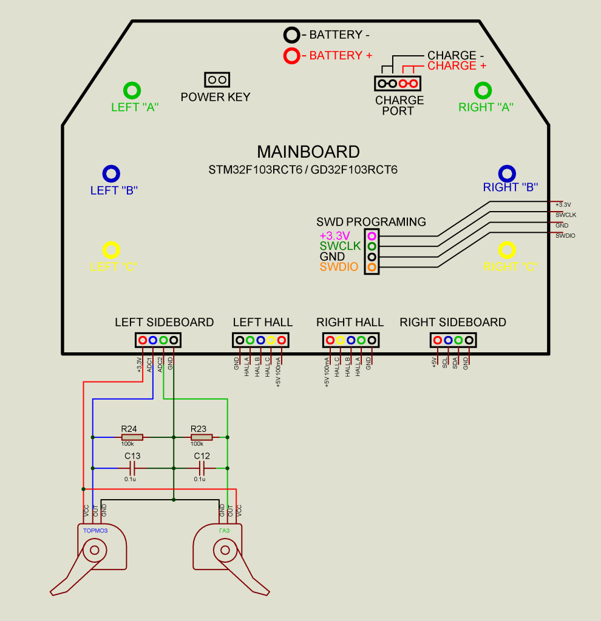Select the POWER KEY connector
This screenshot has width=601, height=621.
[217, 79]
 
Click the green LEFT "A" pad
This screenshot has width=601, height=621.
[132, 91]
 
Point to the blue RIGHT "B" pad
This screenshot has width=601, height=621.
[507, 173]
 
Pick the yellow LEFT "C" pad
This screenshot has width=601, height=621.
[111, 250]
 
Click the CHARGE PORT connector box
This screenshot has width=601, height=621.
[398, 84]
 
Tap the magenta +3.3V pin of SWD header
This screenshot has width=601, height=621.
[372, 236]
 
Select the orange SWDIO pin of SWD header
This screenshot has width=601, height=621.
[372, 267]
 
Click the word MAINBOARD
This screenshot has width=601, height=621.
[308, 152]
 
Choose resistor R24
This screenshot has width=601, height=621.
[132, 437]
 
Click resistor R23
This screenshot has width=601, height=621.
[202, 437]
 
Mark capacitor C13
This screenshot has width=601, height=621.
[132, 468]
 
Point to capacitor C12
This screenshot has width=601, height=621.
[202, 468]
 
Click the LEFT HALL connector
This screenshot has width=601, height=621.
[261, 340]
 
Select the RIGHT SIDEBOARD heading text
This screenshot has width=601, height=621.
[453, 322]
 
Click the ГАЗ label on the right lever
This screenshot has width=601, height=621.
[224, 530]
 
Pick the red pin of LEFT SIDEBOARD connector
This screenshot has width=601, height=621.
[143, 340]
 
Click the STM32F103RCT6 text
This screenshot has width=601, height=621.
[255, 170]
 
